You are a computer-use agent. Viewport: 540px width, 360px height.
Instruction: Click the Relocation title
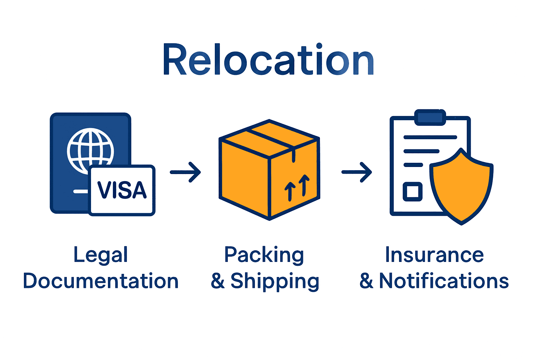(x=269, y=60)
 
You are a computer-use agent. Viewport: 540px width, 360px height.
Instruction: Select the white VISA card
(x=122, y=190)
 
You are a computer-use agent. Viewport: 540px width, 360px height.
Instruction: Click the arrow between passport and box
(x=185, y=172)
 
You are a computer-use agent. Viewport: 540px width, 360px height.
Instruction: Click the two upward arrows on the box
(x=297, y=187)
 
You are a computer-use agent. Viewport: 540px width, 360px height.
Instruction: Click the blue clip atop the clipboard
(x=430, y=117)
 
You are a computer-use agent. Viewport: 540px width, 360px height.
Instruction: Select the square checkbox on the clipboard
(x=412, y=192)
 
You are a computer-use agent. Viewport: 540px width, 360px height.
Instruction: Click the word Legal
(x=101, y=255)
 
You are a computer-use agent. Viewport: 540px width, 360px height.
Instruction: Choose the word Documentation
(x=101, y=281)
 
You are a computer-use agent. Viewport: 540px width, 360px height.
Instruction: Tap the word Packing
(x=264, y=255)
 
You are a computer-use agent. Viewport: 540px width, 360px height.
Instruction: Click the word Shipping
(x=275, y=281)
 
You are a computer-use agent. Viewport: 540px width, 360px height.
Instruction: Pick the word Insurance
(x=434, y=255)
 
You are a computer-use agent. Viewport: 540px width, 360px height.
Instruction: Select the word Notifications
(x=444, y=281)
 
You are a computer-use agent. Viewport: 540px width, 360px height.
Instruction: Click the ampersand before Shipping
(x=218, y=281)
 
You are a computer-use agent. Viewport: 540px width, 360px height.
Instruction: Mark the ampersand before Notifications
(x=366, y=281)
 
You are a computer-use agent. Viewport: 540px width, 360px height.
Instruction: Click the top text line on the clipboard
(x=430, y=137)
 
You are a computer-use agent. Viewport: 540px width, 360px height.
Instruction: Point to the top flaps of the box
(x=269, y=137)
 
